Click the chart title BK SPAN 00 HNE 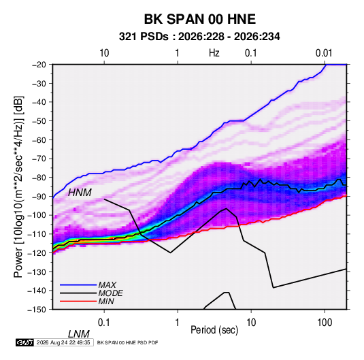pyautogui.click(x=199, y=19)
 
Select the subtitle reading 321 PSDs pyautogui.click(x=144, y=37)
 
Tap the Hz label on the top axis pyautogui.click(x=214, y=53)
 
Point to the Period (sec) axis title pyautogui.click(x=214, y=329)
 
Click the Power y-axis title pyautogui.click(x=18, y=186)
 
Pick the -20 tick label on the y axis pyautogui.click(x=39, y=65)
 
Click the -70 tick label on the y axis pyautogui.click(x=39, y=159)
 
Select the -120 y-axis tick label pyautogui.click(x=37, y=252)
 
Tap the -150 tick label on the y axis pyautogui.click(x=37, y=310)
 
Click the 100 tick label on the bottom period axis pyautogui.click(x=325, y=323)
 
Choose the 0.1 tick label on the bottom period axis pyautogui.click(x=104, y=323)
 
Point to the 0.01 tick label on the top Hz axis pyautogui.click(x=324, y=53)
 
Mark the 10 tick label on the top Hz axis pyautogui.click(x=104, y=53)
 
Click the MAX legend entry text pyautogui.click(x=107, y=285)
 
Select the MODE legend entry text pyautogui.click(x=110, y=293)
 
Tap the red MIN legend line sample pyautogui.click(x=78, y=301)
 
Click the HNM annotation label pyautogui.click(x=80, y=193)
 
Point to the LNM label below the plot pyautogui.click(x=79, y=334)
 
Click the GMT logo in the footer pyautogui.click(x=25, y=342)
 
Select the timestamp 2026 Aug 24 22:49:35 pyautogui.click(x=63, y=342)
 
